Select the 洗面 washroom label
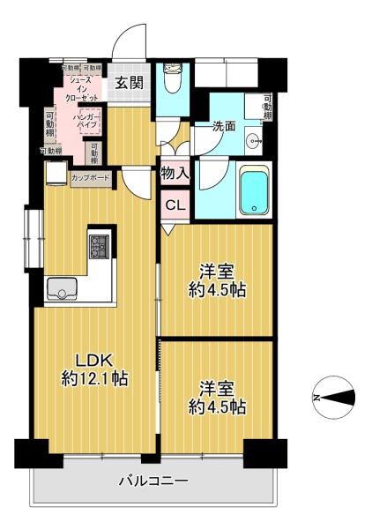[224, 126]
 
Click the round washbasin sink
[256, 139]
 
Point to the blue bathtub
[253, 190]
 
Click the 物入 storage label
[175, 174]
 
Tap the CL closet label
[175, 206]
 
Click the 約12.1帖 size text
[95, 379]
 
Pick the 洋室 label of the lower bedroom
[218, 388]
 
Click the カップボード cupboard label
[91, 176]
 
